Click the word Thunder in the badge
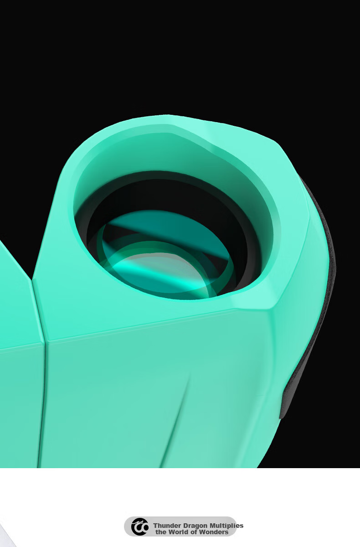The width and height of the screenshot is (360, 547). coord(167,526)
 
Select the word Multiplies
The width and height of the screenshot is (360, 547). coord(227,526)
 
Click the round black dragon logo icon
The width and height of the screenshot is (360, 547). coord(139,527)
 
